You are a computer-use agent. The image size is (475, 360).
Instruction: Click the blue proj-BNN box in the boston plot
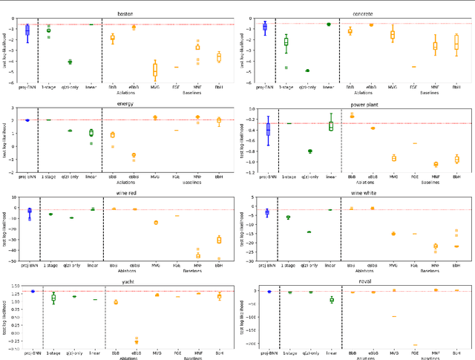click(x=27, y=30)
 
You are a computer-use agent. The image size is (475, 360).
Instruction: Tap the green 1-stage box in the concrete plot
click(x=286, y=42)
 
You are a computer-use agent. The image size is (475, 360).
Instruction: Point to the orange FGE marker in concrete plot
click(x=413, y=67)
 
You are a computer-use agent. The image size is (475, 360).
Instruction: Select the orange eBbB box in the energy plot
click(x=134, y=155)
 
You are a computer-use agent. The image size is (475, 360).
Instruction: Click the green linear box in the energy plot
click(x=91, y=133)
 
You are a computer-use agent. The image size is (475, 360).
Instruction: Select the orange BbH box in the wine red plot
click(x=219, y=240)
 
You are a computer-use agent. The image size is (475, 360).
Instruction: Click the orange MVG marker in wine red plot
click(x=155, y=223)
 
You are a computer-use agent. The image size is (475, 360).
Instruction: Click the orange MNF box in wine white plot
click(x=435, y=246)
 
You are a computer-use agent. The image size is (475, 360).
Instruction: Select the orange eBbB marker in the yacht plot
click(x=135, y=341)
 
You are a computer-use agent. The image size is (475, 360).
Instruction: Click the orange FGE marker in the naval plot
click(x=414, y=344)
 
